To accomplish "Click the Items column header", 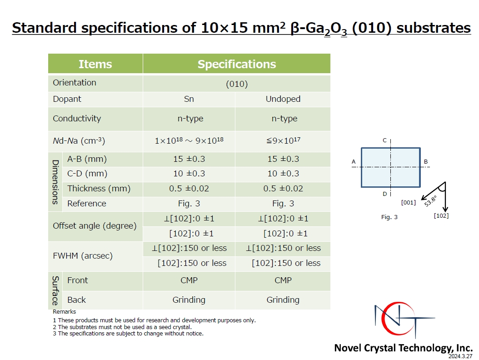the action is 95,64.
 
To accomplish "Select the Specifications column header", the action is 237,64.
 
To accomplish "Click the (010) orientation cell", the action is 237,84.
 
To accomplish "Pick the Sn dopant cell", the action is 189,99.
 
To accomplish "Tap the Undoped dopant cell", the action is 283,99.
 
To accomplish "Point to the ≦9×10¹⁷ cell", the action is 283,140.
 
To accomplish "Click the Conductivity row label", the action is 77,119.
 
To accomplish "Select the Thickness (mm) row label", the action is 99,189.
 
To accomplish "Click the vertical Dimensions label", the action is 55,182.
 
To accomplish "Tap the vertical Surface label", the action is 55,290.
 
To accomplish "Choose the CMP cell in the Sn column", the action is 189,280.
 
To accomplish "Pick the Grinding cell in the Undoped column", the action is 283,300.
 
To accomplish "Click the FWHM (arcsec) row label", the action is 82,256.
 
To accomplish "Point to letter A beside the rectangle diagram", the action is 354,162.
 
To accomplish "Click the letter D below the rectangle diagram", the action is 384,194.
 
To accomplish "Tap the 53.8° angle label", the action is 430,201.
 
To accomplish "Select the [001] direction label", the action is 409,202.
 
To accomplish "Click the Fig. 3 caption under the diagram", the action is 389,217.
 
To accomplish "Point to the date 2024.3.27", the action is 460,356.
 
